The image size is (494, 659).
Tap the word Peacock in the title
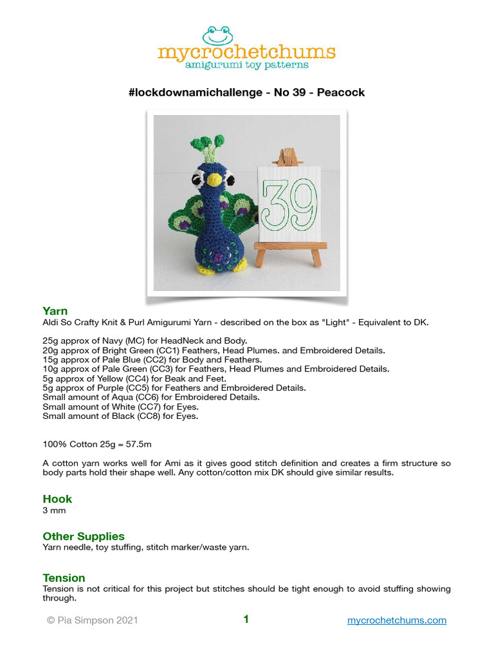point(342,92)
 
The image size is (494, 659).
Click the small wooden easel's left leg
point(261,257)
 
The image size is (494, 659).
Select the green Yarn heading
point(55,311)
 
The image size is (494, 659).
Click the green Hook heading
point(57,499)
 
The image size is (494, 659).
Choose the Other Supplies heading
point(84,536)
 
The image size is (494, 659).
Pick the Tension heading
point(64,578)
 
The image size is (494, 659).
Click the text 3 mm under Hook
point(54,510)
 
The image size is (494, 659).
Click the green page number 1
point(246,620)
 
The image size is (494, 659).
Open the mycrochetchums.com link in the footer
point(396,620)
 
